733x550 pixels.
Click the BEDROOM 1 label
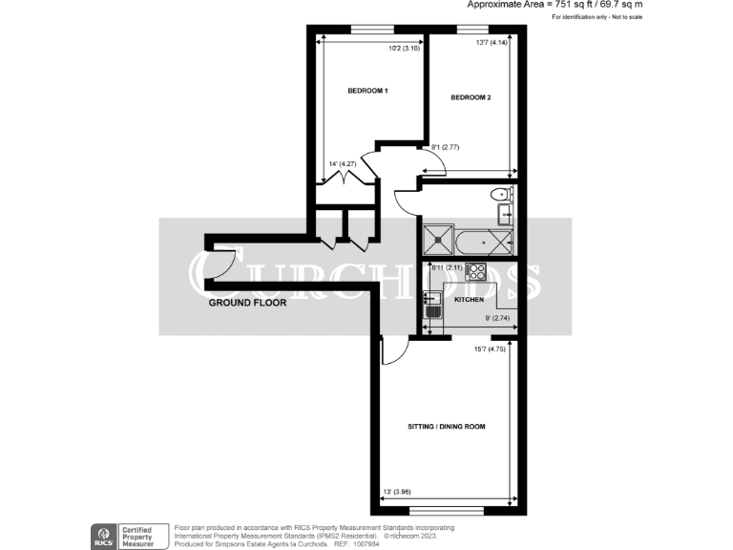pos(367,91)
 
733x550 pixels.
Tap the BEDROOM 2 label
pos(471,97)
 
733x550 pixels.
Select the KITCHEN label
pos(468,300)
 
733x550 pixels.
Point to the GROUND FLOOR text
pos(247,302)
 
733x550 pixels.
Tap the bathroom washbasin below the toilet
pos(504,212)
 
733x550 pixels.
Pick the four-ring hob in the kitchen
pos(474,272)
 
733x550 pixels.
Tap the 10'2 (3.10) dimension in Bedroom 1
pos(406,49)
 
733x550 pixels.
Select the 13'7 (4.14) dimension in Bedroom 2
pos(492,42)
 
